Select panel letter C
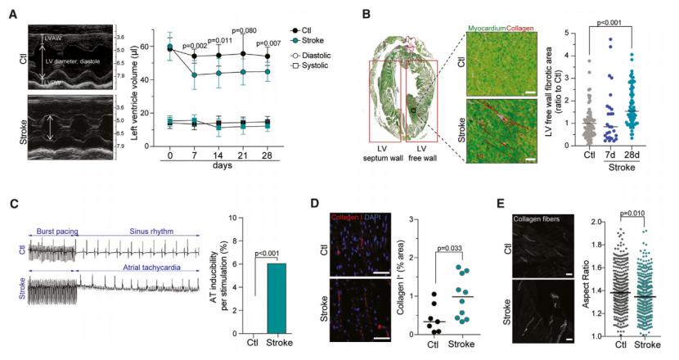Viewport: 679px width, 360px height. pyautogui.click(x=12, y=207)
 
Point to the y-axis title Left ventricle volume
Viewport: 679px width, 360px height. pyautogui.click(x=133, y=88)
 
